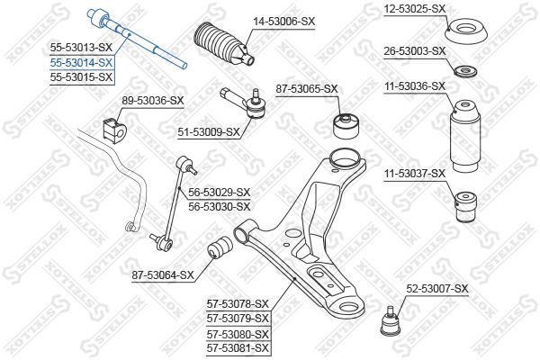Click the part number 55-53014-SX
pyautogui.click(x=80, y=62)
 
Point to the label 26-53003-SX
pyautogui.click(x=415, y=50)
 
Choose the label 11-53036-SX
pyautogui.click(x=415, y=86)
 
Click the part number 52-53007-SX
pyautogui.click(x=437, y=289)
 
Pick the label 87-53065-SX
pyautogui.click(x=307, y=88)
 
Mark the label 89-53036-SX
pyautogui.click(x=152, y=100)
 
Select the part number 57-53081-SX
pyautogui.click(x=238, y=346)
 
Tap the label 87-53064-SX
pyautogui.click(x=163, y=274)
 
